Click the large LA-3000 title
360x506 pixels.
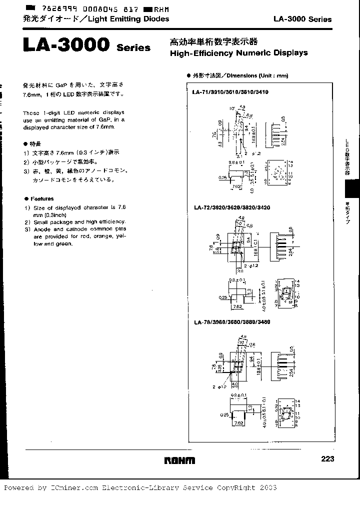[x=66, y=45]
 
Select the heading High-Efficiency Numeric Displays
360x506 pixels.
[x=238, y=53]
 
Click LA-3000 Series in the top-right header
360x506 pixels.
[x=302, y=19]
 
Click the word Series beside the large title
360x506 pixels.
[x=133, y=48]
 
